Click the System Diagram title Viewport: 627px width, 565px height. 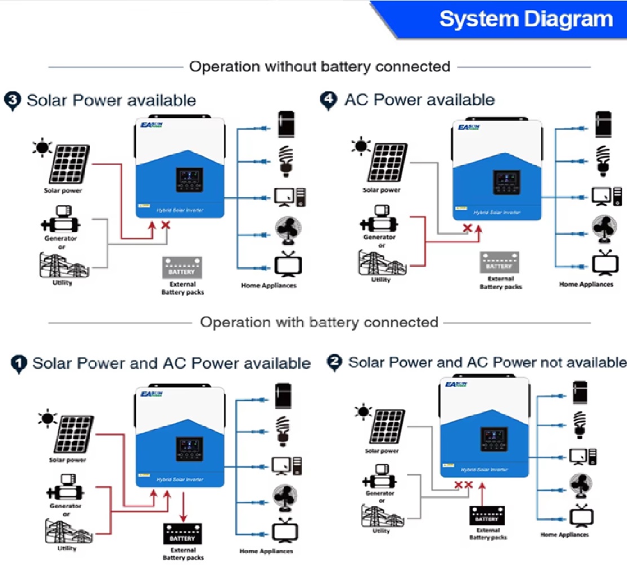(526, 19)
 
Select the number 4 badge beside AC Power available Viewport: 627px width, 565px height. (328, 100)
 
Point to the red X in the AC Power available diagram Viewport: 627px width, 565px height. (467, 228)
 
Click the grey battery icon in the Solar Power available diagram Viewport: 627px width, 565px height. (182, 267)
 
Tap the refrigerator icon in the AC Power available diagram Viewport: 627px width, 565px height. (603, 125)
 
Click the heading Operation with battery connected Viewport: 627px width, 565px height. (319, 323)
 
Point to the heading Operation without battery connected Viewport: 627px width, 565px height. (319, 67)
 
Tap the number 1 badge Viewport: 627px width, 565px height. (19, 364)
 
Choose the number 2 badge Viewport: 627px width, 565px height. (335, 363)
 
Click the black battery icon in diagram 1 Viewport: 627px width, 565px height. (182, 533)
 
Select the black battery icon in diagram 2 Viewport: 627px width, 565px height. (487, 515)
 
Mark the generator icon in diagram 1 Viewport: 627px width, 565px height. (65, 488)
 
